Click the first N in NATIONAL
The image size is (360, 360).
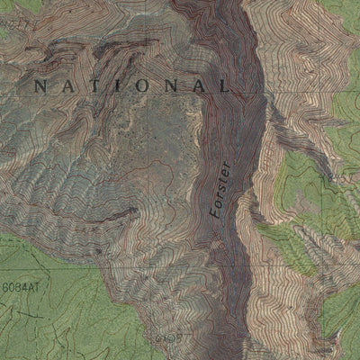coord(40,86)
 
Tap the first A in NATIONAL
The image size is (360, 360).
coord(67,86)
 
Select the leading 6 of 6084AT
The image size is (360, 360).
coord(4,287)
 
